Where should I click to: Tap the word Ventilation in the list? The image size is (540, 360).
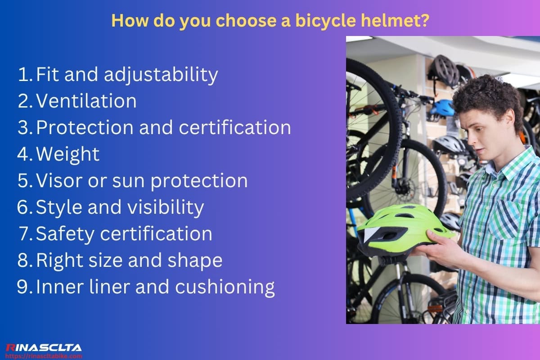86,101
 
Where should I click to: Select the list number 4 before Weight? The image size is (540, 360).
23,154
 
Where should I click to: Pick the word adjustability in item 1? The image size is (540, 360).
161,75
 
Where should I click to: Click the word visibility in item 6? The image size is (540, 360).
167,207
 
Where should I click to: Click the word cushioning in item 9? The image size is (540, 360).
225,287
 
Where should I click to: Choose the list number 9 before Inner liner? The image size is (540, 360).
23,287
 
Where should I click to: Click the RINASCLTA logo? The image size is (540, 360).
44,347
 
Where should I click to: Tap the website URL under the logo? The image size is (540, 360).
44,356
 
